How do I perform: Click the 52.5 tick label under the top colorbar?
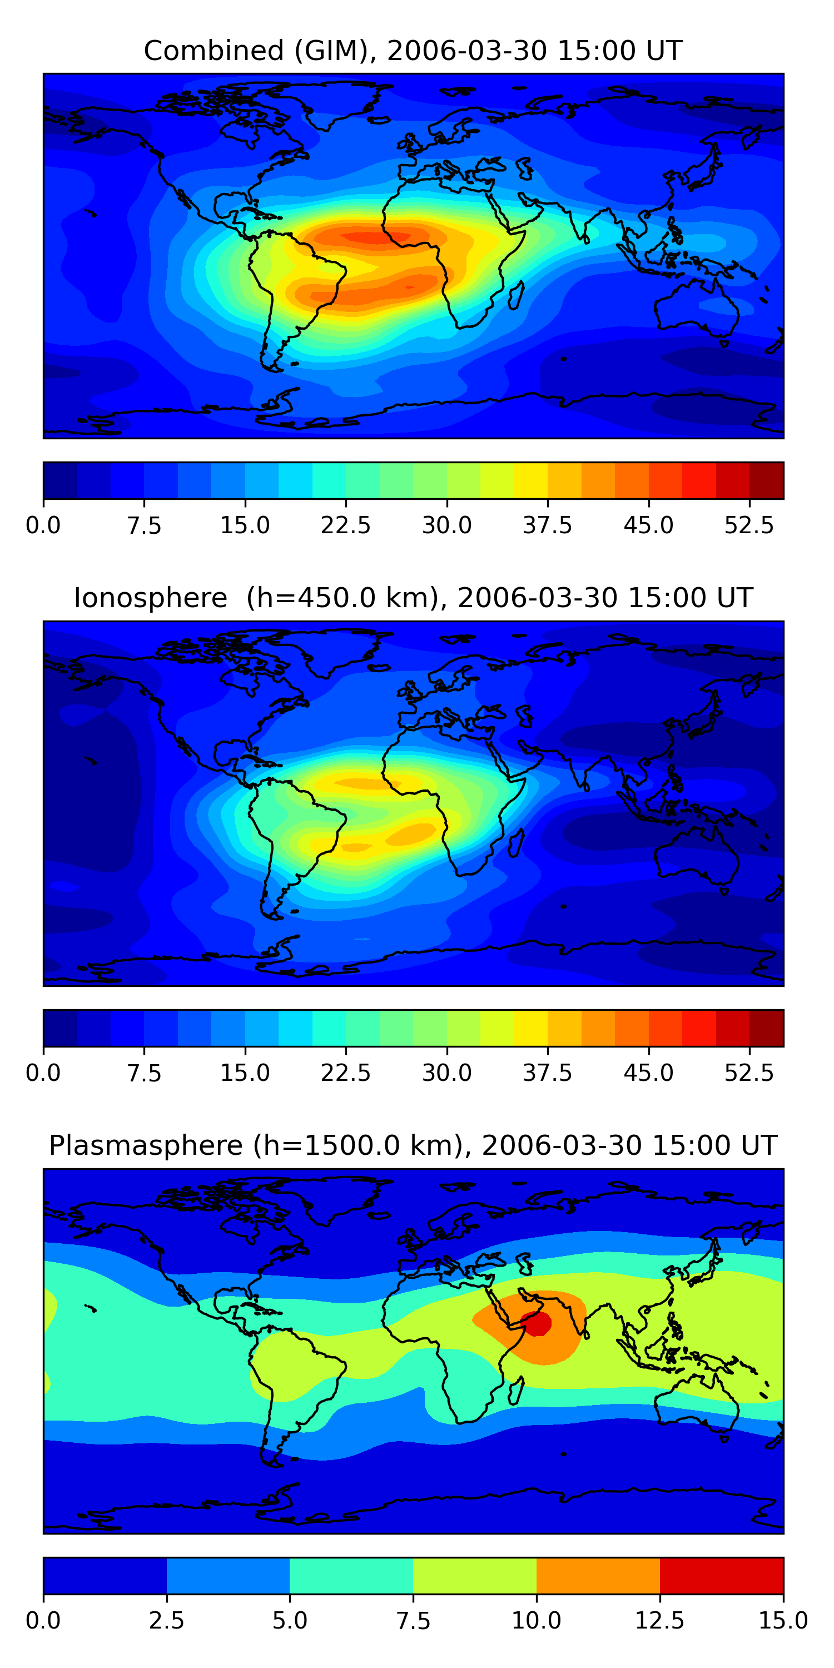[x=748, y=525]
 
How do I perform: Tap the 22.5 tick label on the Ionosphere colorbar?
[x=346, y=1073]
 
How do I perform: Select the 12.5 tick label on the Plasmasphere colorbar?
[x=659, y=1620]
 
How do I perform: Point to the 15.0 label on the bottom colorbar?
[x=783, y=1620]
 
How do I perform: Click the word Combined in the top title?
[x=214, y=51]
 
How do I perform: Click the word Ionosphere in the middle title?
[x=150, y=598]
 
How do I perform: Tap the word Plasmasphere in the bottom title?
[x=146, y=1145]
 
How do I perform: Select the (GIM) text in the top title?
[x=332, y=51]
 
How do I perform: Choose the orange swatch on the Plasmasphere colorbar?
[x=598, y=1575]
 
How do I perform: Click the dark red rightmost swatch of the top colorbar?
[x=766, y=480]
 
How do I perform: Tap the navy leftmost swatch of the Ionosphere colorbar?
[x=60, y=1028]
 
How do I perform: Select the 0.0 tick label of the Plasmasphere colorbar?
[x=43, y=1620]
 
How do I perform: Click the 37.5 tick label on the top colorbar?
[x=547, y=525]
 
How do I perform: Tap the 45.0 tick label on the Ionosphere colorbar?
[x=648, y=1073]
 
